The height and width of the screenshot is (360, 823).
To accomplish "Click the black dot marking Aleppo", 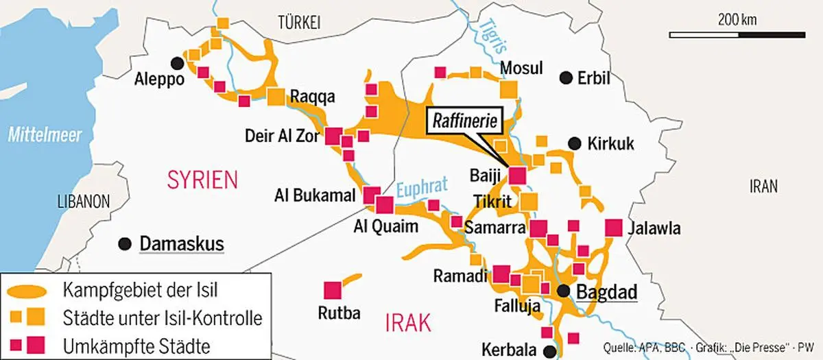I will click(178, 63).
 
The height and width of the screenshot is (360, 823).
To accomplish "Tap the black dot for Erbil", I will click(566, 77).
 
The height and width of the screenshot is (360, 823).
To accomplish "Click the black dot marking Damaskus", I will click(125, 243).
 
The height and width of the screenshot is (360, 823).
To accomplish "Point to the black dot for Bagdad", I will click(564, 291).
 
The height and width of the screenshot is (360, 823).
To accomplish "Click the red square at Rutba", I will click(333, 290).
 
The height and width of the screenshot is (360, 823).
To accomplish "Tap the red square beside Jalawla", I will click(614, 228).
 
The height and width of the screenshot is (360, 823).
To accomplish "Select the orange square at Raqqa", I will click(276, 97).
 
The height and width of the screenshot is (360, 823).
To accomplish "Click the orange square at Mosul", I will click(509, 90).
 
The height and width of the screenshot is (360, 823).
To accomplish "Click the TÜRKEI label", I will click(299, 23).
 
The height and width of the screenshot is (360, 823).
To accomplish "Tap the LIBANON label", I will click(82, 202).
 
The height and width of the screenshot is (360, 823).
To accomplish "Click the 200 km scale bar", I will click(737, 33).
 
